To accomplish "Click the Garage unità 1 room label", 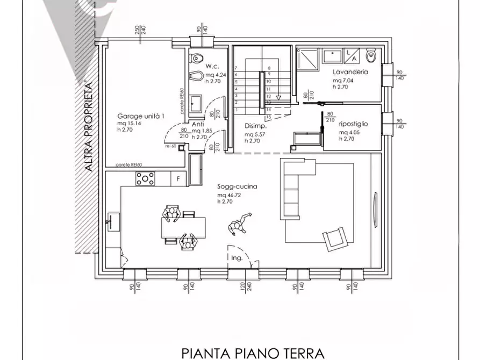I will [x=141, y=116].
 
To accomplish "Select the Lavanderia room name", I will [x=349, y=71].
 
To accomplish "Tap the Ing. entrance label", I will [x=237, y=258].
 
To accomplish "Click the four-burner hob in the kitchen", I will [x=145, y=179].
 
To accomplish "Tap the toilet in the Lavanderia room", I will [x=370, y=55].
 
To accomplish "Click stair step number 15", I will [x=269, y=116].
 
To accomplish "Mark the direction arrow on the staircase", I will [x=278, y=97].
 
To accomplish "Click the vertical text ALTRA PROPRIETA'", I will [x=89, y=126].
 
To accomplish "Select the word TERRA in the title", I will [x=299, y=353].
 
